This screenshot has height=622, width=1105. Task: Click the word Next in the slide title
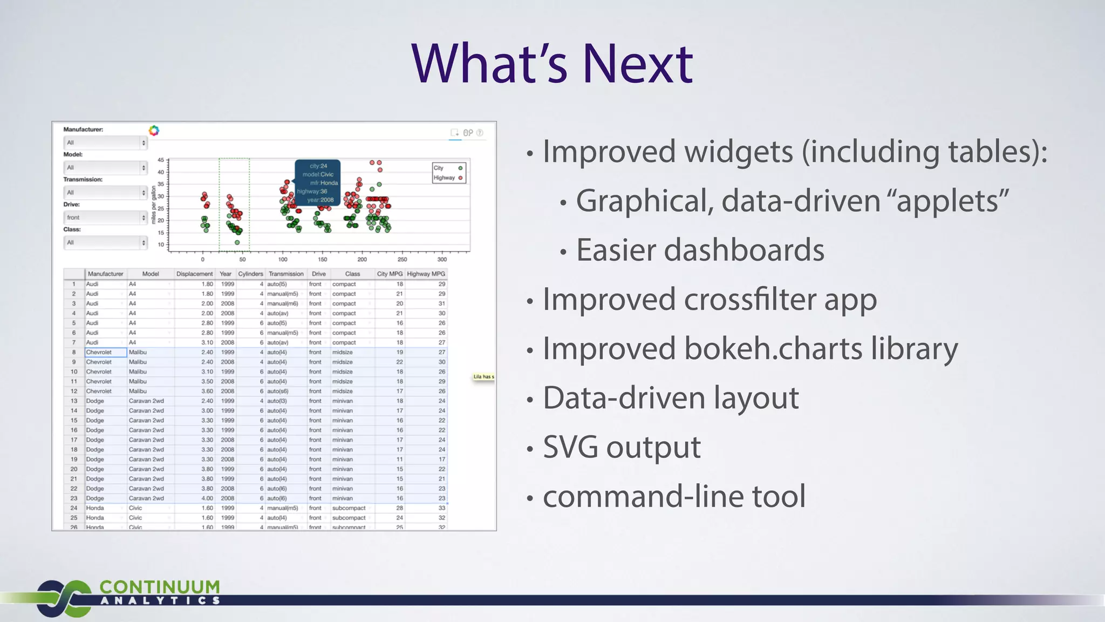638,64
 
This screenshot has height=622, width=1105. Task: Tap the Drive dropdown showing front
105,218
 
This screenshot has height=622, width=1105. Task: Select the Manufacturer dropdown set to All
105,143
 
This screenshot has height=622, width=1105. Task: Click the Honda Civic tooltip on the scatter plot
318,182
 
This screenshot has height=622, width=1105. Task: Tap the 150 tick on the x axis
322,259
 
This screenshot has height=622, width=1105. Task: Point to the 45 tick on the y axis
161,160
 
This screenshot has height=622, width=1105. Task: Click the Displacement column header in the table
194,274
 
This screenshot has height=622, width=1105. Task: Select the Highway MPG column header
426,274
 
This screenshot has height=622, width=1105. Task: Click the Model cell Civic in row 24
136,508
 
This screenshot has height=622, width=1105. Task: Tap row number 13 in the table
74,401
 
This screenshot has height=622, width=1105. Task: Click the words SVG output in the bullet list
622,447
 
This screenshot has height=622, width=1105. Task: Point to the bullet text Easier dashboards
700,250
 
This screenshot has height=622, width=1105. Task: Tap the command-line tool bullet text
674,496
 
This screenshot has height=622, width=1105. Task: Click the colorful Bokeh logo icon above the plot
154,131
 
